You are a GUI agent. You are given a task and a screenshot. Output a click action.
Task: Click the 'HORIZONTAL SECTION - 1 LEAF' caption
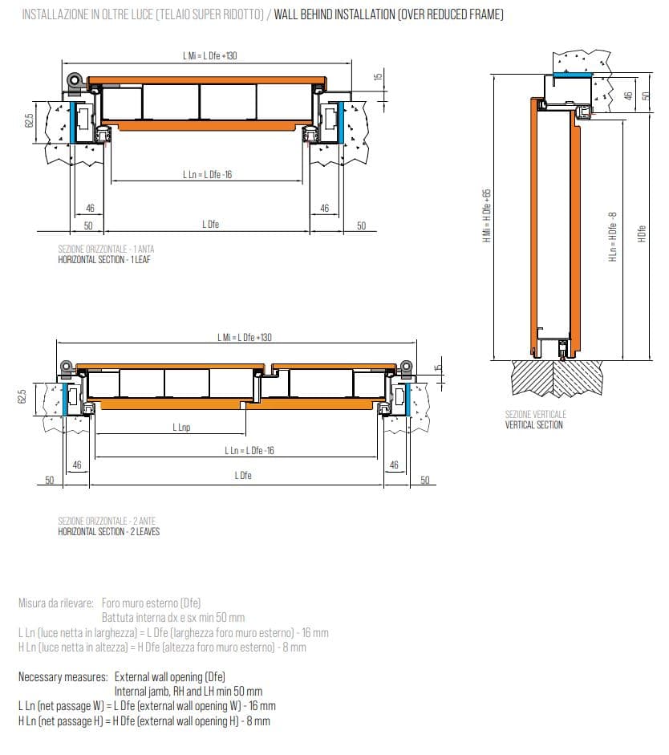(104, 259)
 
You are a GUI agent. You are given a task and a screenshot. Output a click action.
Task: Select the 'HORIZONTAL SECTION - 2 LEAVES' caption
(109, 532)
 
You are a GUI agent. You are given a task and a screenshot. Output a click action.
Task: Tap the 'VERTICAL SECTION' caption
(533, 424)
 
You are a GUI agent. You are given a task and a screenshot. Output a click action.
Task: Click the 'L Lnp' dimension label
(181, 427)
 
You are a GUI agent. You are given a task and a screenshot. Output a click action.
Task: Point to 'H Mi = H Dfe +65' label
(487, 216)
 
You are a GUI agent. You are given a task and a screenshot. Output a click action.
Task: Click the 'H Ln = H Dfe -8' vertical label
(613, 237)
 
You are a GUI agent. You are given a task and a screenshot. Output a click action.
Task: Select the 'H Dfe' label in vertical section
(642, 233)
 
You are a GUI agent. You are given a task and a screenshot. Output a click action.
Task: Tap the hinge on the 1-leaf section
(75, 80)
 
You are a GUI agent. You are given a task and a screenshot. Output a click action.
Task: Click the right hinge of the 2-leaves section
(407, 367)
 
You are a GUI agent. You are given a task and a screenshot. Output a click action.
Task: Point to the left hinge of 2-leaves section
(67, 367)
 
